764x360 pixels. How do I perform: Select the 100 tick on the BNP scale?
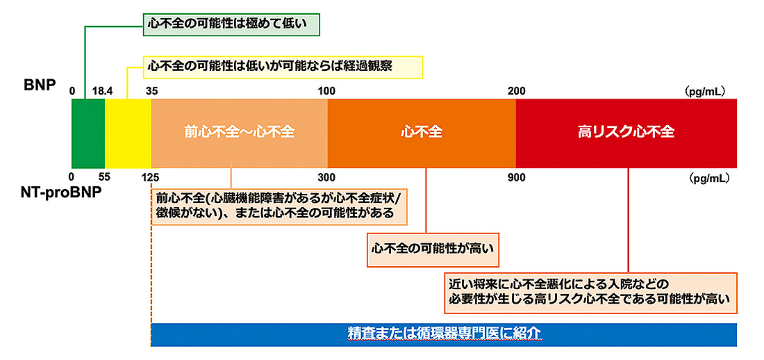point(328,91)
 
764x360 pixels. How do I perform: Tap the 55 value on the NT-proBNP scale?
point(104,177)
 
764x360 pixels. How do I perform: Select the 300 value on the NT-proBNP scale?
point(328,177)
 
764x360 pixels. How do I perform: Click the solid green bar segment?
point(88,133)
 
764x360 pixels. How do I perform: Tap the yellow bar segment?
point(128,133)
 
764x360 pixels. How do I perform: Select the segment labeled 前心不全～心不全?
point(239,133)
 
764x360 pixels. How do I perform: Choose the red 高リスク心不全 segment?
point(626,133)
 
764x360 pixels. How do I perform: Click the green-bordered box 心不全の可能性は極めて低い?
point(231,23)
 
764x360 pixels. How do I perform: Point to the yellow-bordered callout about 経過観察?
point(283,67)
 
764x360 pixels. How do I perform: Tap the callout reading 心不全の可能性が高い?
point(433,249)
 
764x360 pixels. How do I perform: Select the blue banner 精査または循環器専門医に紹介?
point(444,334)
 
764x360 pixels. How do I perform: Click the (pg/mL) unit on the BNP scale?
point(706,91)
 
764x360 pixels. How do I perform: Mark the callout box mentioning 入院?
point(590,293)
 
